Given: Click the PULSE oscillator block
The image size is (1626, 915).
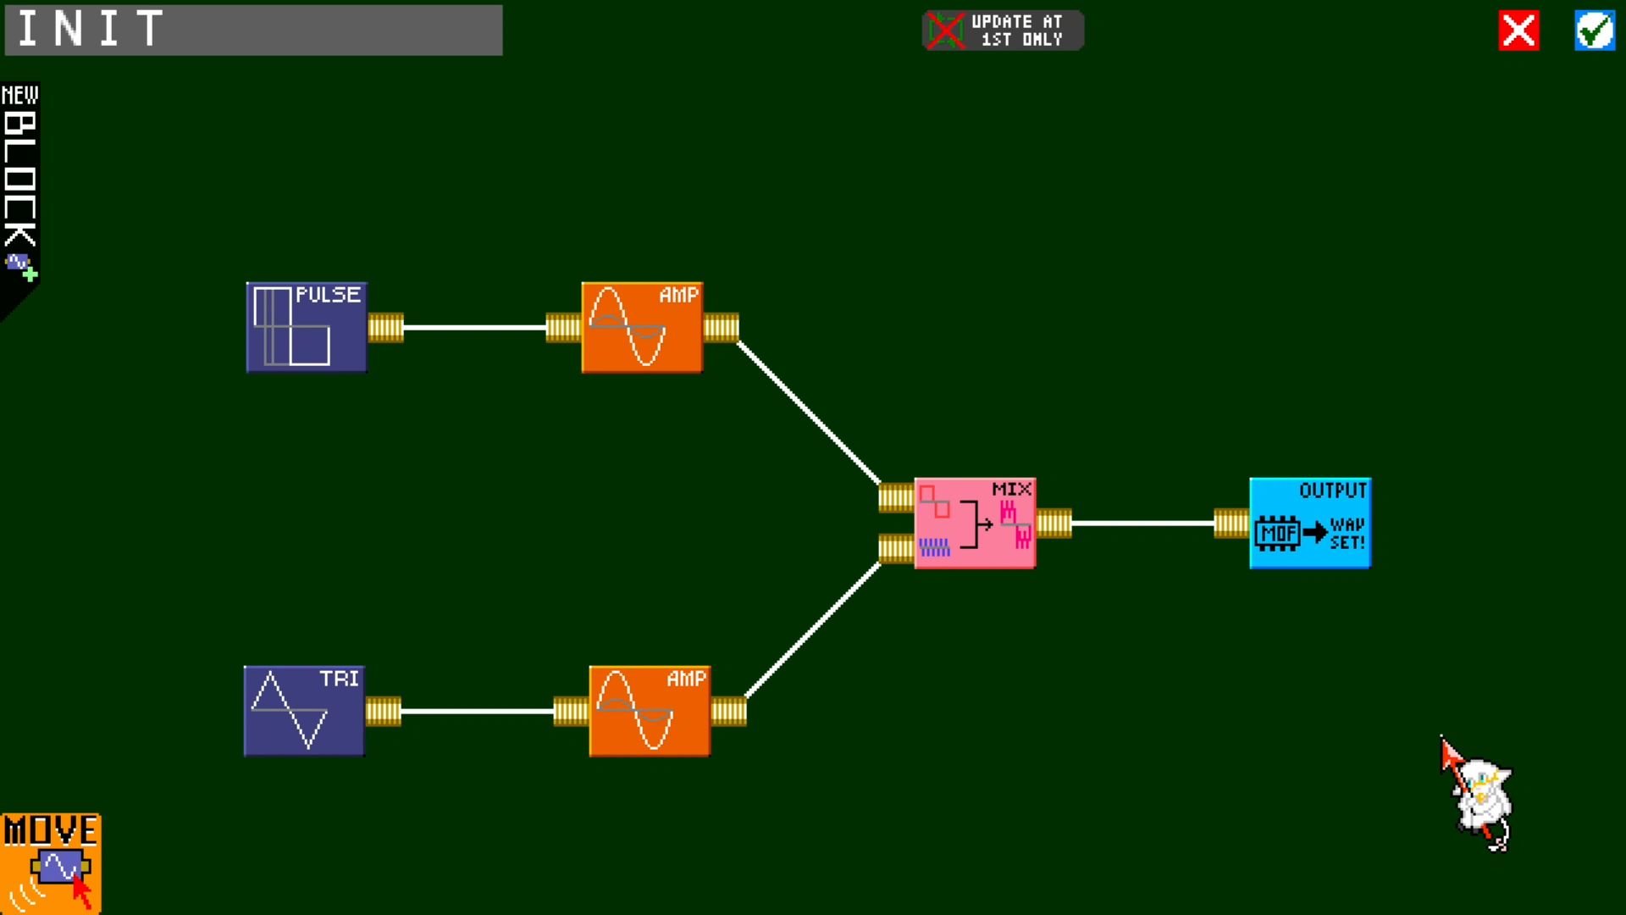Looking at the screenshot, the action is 307,327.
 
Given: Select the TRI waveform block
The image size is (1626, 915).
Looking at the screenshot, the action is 304,711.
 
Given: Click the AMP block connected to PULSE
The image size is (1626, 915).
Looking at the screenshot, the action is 642,327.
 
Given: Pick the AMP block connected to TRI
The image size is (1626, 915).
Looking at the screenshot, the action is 650,711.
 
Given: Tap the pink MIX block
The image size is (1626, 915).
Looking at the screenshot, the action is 975,523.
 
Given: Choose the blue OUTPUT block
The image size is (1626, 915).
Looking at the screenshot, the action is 1310,523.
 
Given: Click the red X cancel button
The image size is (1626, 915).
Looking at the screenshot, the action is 1518,31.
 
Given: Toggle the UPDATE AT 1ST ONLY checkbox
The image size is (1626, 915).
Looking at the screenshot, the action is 945,30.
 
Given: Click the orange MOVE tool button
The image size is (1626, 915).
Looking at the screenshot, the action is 51,863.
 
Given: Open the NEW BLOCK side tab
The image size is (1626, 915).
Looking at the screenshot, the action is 19,199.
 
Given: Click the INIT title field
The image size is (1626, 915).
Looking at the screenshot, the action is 253,30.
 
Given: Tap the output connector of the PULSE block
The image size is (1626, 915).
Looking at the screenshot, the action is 385,327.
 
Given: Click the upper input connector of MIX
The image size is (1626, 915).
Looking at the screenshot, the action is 896,497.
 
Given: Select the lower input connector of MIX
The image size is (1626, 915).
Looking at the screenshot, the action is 896,548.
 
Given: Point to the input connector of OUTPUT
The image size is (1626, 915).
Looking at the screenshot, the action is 1231,523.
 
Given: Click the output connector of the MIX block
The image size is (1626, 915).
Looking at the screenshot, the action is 1054,523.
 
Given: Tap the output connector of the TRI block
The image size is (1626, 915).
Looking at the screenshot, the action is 383,711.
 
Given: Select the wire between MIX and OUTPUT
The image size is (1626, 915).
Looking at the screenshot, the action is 1142,523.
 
